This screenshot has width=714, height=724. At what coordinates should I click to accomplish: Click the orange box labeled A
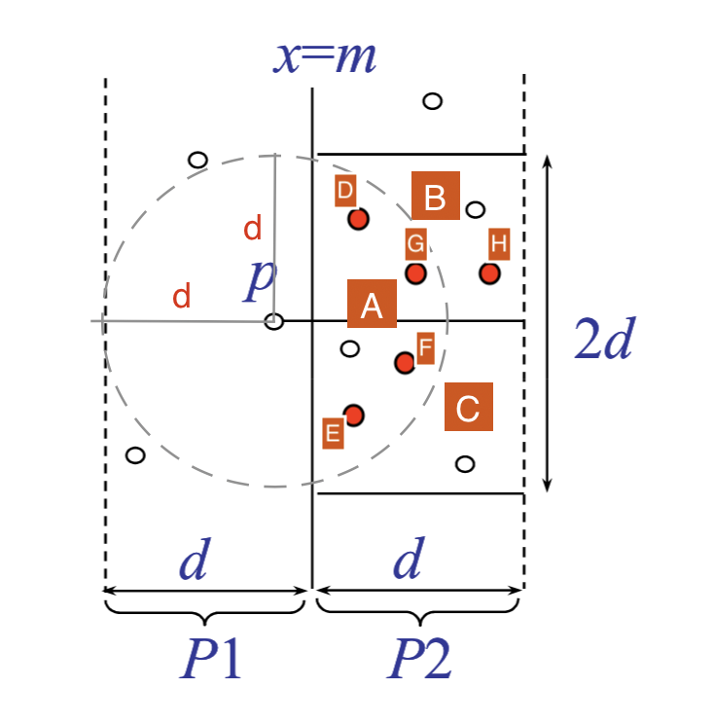point(372,304)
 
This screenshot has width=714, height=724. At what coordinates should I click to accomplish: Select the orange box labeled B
point(435,196)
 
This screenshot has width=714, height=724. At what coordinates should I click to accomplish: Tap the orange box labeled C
point(469,407)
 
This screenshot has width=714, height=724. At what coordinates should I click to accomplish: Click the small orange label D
point(345,190)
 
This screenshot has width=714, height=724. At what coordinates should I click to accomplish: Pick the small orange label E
point(333,433)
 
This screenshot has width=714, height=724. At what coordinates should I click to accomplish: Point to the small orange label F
point(425,348)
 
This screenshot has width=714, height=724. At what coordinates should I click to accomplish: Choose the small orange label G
point(415,244)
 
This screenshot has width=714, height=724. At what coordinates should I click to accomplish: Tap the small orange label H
point(499,244)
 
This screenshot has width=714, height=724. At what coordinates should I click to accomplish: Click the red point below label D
point(358,219)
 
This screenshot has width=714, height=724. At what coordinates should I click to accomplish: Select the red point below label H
point(489,273)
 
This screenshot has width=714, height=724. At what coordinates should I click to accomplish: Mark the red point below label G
point(415,273)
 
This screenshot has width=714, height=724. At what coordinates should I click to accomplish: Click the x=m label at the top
point(325,57)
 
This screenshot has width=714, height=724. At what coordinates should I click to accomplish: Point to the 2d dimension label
point(605,338)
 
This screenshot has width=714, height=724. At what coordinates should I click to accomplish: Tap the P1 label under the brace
point(211,658)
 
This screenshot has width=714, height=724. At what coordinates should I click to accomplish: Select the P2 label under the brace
point(419,658)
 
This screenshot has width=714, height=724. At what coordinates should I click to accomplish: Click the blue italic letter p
point(260,280)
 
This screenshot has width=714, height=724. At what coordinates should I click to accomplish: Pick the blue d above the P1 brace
point(196,559)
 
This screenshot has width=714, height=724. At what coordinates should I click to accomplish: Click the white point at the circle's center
point(273,321)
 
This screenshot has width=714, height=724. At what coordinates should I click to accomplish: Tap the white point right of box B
point(476,209)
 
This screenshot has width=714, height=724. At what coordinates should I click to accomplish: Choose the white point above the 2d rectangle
point(433,101)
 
